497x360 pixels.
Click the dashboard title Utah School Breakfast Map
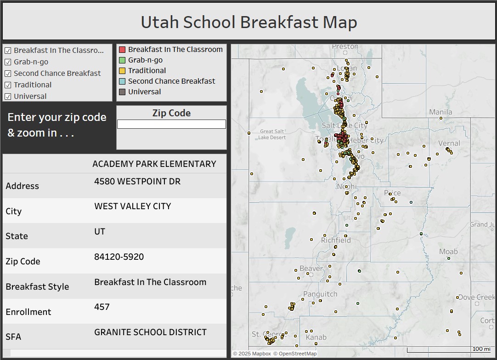[x=248, y=22]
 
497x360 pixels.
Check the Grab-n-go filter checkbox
[x=8, y=62]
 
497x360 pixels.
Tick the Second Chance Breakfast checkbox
[x=8, y=74]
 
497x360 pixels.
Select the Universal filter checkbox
[x=8, y=97]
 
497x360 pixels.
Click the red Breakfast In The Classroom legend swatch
[x=122, y=50]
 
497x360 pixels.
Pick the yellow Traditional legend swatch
[x=122, y=71]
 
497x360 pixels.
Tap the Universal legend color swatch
[x=122, y=92]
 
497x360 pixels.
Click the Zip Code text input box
[x=171, y=124]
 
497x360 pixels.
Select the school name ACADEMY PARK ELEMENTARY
[x=154, y=164]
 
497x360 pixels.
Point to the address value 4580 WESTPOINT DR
[x=137, y=182]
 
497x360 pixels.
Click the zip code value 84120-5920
[x=119, y=257]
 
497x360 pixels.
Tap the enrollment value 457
[x=102, y=307]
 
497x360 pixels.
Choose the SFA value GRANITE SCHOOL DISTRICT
[x=150, y=332]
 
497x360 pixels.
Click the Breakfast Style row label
[x=37, y=286]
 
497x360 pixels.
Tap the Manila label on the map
[x=441, y=112]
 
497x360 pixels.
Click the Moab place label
[x=448, y=251]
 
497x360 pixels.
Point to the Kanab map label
[x=316, y=337]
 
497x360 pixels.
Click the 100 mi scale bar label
[x=481, y=349]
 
